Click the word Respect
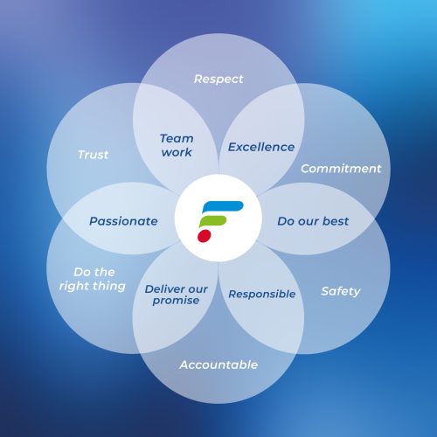[x=218, y=80]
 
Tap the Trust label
[x=94, y=155]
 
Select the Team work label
[x=177, y=145]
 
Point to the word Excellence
[x=261, y=147]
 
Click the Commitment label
[x=341, y=169]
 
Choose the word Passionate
[x=123, y=221]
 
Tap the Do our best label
[x=313, y=221]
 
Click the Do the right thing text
[x=93, y=279]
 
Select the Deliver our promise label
[x=176, y=295]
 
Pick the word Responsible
[x=262, y=294]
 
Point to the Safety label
[x=341, y=291]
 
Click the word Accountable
[x=218, y=364]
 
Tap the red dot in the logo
[x=205, y=236]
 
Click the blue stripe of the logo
[x=223, y=206]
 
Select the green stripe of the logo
[x=212, y=221]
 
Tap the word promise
[x=176, y=301]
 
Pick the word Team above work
[x=177, y=139]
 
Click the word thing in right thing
[x=108, y=287]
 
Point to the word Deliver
[x=163, y=289]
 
